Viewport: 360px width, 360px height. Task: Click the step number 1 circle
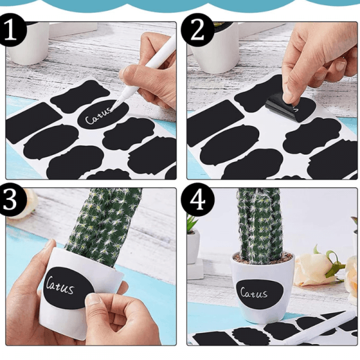pos(10,30)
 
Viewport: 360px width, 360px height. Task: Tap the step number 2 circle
pos(197,30)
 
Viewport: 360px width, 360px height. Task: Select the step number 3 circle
pos(10,199)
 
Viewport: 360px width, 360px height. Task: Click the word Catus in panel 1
pos(98,116)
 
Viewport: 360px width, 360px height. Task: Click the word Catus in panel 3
pos(59,286)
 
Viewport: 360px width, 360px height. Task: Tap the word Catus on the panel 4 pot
pos(254,293)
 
